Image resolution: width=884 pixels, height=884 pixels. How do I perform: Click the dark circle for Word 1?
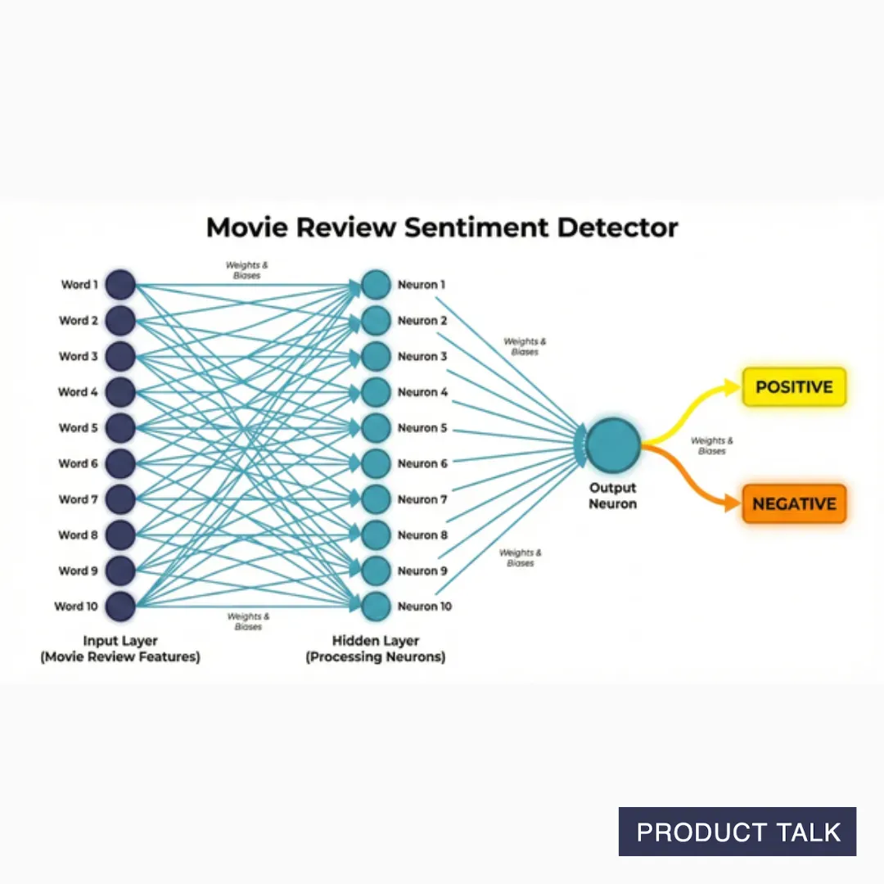coord(120,285)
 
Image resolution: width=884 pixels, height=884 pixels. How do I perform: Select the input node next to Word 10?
coord(120,607)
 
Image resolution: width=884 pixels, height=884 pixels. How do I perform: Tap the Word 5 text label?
coord(78,427)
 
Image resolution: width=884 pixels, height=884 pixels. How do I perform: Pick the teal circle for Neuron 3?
coord(376,356)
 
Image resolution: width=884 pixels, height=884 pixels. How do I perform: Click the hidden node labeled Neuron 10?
coord(376,607)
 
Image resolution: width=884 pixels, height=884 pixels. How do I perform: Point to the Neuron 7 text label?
coord(422,499)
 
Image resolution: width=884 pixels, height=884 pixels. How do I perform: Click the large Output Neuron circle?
coord(612,444)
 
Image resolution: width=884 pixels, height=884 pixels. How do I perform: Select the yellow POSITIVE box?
coord(793,387)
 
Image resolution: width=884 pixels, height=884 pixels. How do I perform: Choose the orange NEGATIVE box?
coord(793,504)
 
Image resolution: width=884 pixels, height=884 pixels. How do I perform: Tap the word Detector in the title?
coord(617,227)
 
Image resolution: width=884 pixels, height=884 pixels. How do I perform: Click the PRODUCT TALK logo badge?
coord(737,832)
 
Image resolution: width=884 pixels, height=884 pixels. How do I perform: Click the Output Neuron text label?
coord(612,496)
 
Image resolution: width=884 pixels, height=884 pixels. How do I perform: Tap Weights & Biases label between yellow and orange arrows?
coord(711,446)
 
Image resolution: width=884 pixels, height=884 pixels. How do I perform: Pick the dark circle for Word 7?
coord(120,499)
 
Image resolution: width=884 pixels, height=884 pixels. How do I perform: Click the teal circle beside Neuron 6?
coord(376,463)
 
